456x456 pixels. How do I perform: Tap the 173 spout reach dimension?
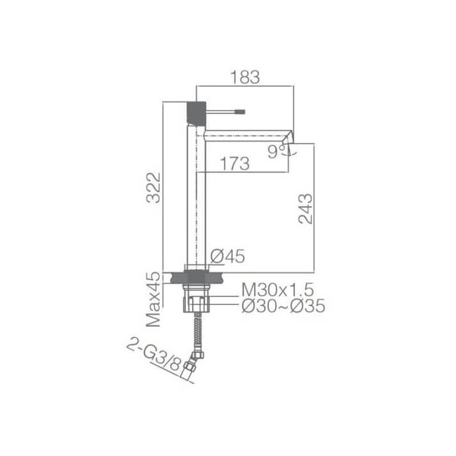tap(234, 164)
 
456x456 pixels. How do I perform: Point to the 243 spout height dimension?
tap(305, 208)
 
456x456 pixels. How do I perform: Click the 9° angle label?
tap(276, 152)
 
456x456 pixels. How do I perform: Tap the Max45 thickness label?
tap(154, 300)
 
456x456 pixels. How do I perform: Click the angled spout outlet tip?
tap(288, 137)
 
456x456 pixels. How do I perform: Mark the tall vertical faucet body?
tap(197, 195)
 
